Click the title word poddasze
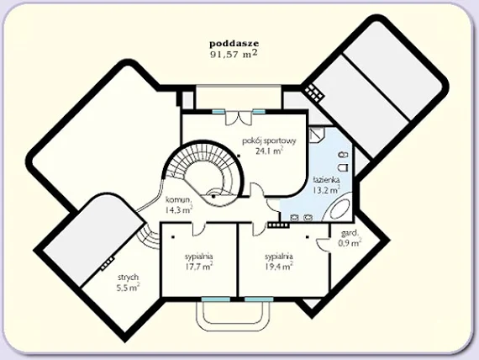click(234, 44)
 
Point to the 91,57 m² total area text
click(234, 54)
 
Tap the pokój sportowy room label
click(269, 141)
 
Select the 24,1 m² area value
click(269, 151)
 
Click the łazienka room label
click(326, 179)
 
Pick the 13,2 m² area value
click(326, 190)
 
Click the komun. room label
click(179, 200)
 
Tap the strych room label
click(129, 278)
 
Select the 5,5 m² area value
click(129, 287)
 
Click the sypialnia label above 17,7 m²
click(199, 257)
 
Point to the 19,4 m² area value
click(279, 267)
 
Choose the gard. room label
click(350, 233)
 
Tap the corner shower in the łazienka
click(317, 134)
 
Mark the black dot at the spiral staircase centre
click(213, 196)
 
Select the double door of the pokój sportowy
click(239, 118)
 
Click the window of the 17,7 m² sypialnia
click(216, 299)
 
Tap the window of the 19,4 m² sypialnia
click(259, 299)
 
